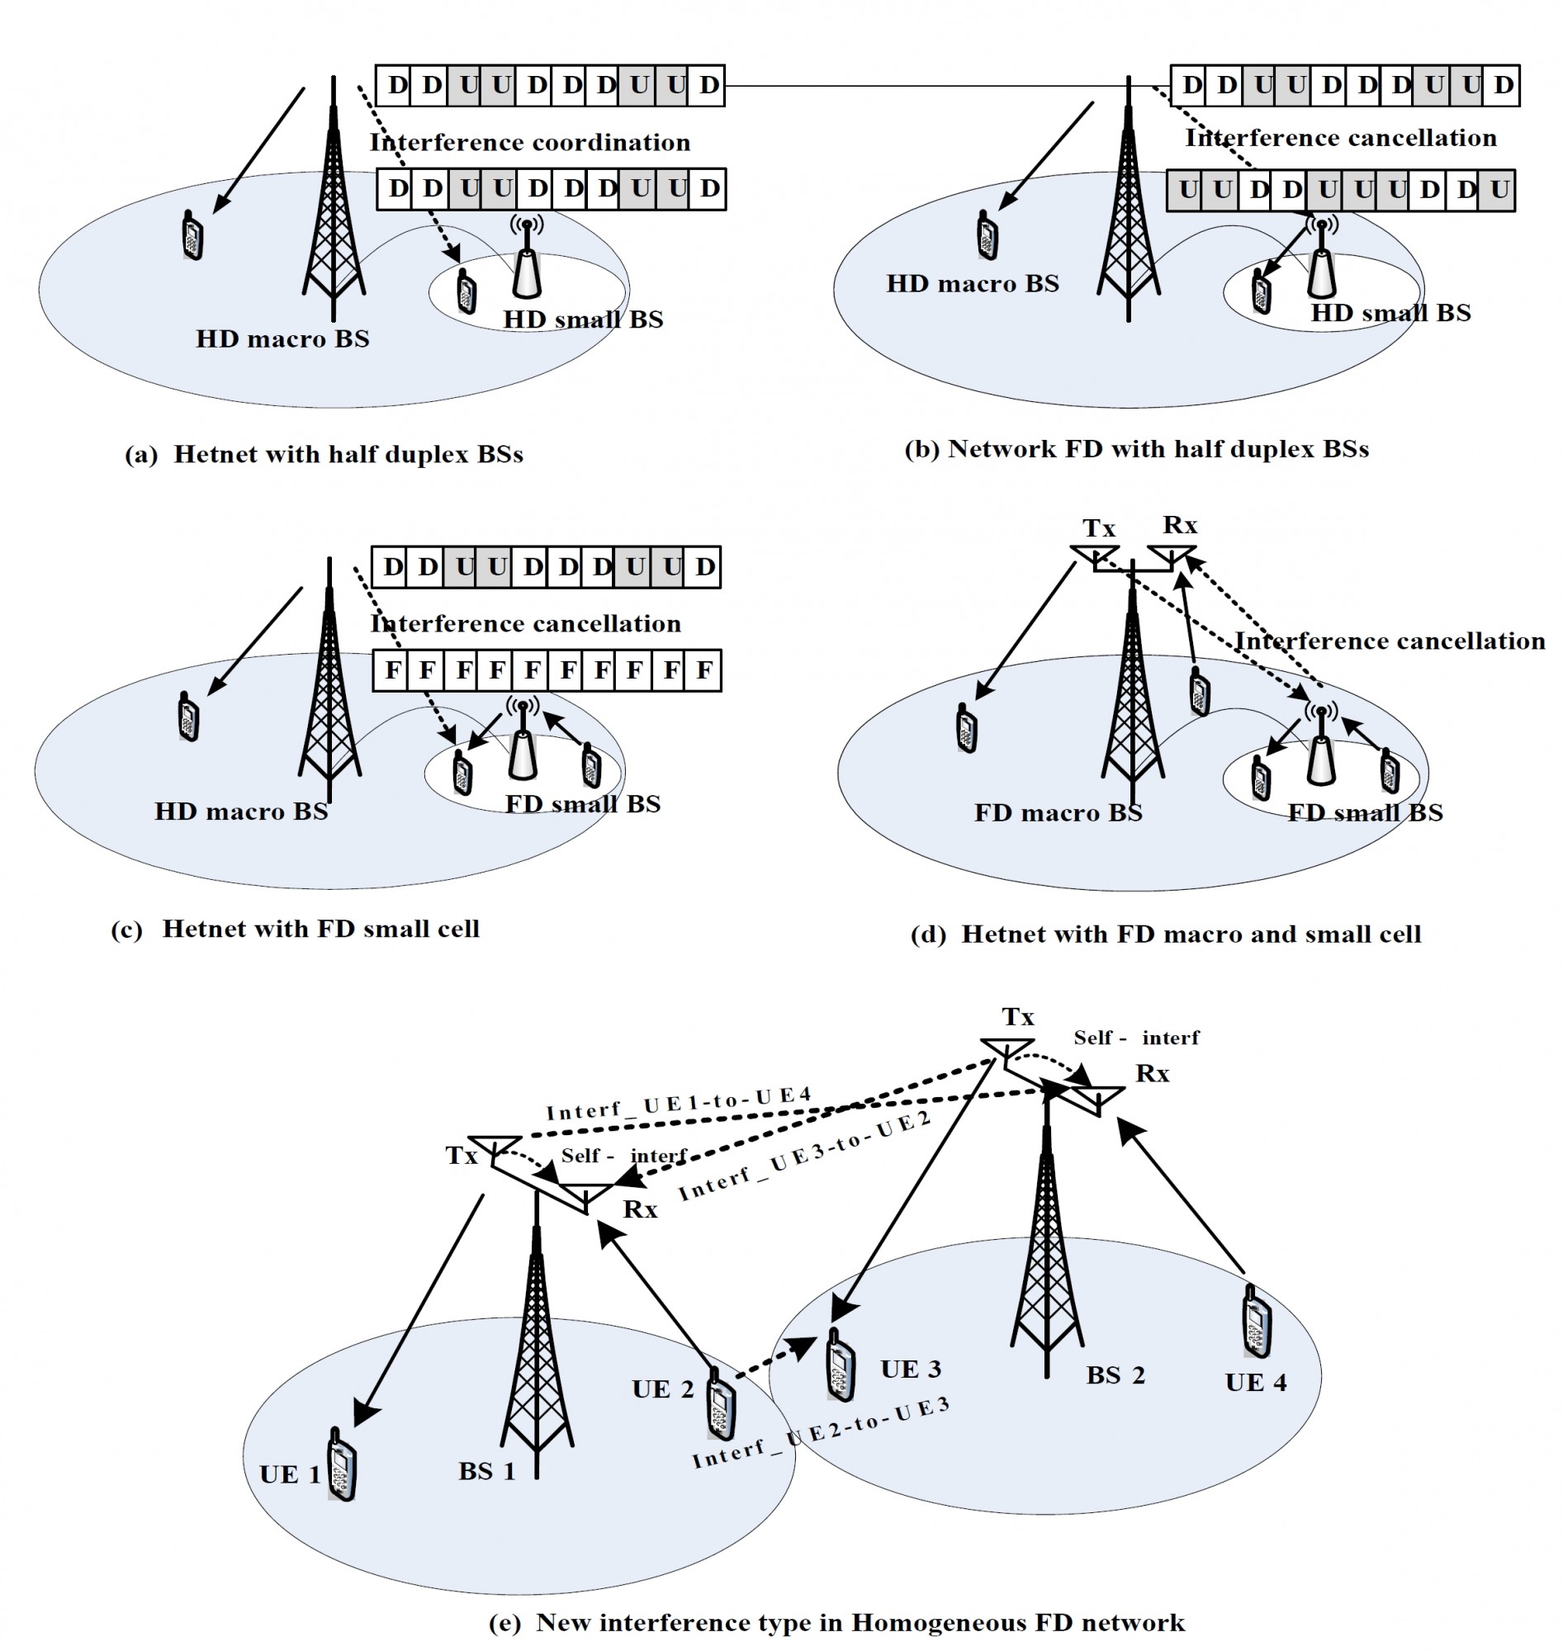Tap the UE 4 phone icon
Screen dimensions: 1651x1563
pos(1257,1322)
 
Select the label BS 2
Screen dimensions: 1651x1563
pos(1115,1375)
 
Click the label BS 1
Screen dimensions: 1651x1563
pos(486,1471)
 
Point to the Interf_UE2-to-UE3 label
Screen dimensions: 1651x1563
pos(820,1433)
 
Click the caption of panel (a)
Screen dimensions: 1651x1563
pos(324,455)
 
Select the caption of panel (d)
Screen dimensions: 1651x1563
pos(1166,934)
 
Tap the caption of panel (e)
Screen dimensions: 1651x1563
pos(836,1623)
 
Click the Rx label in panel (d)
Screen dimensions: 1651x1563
pos(1180,525)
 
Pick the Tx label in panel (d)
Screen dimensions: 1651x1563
pos(1098,528)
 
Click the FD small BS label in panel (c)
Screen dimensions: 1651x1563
pos(582,804)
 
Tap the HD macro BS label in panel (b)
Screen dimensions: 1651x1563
pos(973,284)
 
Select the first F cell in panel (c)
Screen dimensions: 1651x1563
pos(391,669)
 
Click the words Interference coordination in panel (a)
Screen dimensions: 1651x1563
pos(530,143)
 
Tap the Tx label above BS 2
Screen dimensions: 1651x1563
pos(1017,1016)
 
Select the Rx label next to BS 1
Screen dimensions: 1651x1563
pos(640,1209)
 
